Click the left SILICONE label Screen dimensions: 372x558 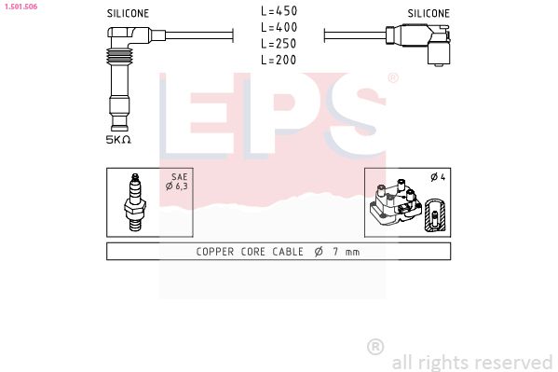(x=127, y=14)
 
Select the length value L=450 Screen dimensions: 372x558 (x=278, y=12)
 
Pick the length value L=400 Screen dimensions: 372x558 (x=278, y=28)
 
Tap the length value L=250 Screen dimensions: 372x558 (x=278, y=44)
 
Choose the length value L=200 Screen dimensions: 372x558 (x=278, y=60)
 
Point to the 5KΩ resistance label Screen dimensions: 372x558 (x=119, y=140)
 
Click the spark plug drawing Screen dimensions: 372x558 (x=136, y=202)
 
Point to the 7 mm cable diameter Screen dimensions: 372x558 (x=341, y=252)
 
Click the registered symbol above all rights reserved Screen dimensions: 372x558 (x=375, y=347)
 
